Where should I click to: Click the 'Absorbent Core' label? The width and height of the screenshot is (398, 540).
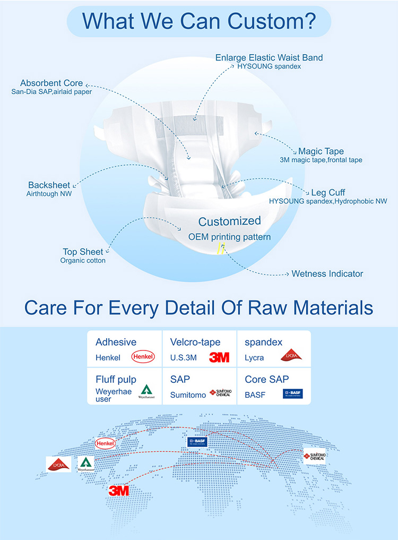tap(51, 83)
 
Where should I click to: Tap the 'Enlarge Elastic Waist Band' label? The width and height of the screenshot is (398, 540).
tap(269, 57)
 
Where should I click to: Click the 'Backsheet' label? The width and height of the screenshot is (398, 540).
tap(49, 185)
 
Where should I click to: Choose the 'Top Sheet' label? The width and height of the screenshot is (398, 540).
tap(83, 252)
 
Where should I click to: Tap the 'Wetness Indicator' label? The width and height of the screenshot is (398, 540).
tap(327, 274)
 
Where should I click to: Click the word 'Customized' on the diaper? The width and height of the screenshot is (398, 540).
tap(230, 221)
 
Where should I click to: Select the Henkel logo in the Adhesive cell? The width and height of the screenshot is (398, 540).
tap(143, 357)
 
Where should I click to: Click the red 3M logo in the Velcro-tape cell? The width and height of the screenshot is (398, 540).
tap(219, 357)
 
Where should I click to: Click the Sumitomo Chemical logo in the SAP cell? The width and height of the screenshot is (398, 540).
tap(220, 393)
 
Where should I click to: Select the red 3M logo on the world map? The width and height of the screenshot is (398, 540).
tap(119, 491)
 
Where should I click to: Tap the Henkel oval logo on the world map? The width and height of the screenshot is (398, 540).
tap(105, 443)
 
